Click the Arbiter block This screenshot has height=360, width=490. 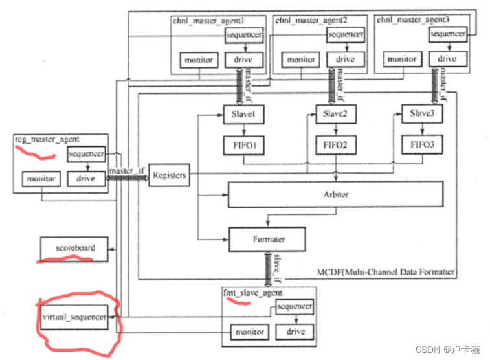[x=335, y=194]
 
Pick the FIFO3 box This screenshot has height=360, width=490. [x=421, y=144]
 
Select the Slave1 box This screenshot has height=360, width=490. [x=241, y=114]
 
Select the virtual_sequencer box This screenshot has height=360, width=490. [x=74, y=317]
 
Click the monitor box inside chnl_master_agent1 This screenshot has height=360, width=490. [x=198, y=60]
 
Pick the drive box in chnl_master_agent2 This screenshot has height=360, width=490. [x=345, y=60]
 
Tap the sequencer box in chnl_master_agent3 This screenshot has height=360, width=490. [x=447, y=34]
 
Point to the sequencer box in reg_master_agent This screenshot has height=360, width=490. [x=87, y=155]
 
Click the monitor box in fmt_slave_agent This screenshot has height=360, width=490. [x=250, y=332]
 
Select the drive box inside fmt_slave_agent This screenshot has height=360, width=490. [x=295, y=332]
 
